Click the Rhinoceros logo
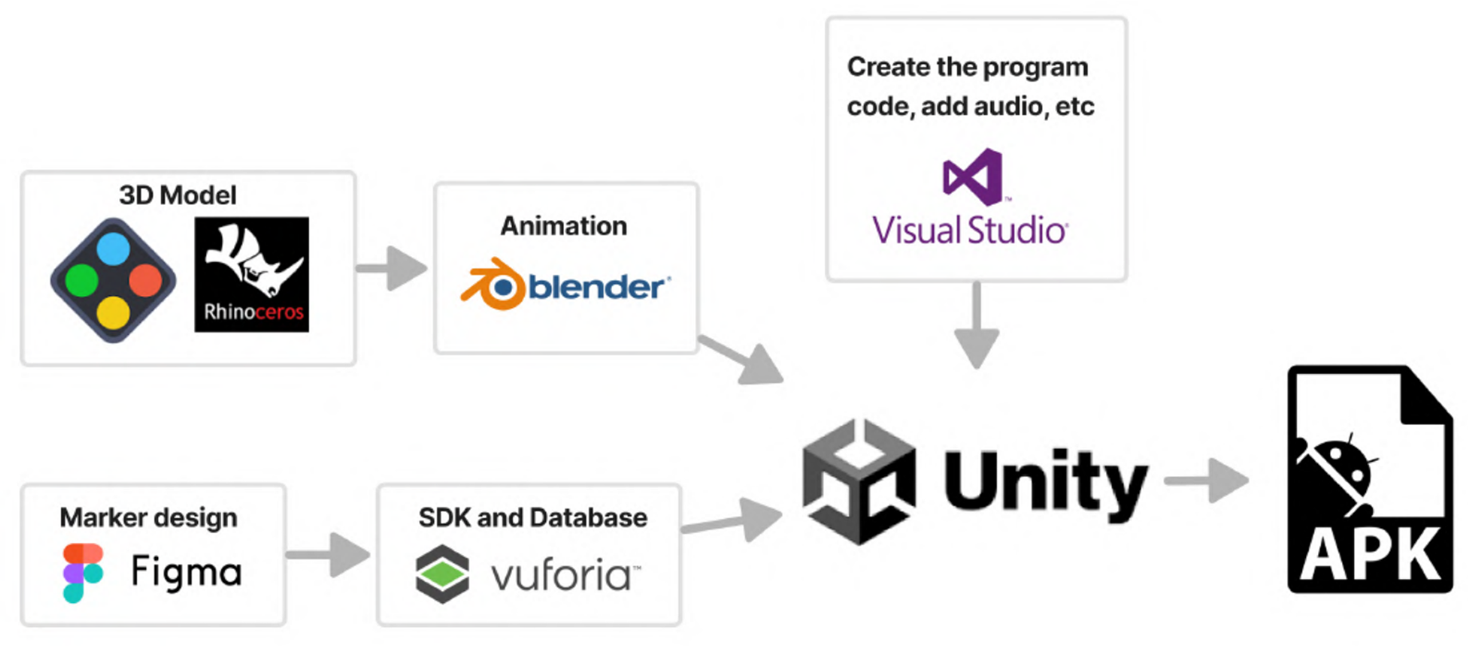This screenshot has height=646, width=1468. pyautogui.click(x=251, y=274)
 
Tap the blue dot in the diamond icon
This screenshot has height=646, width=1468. pyautogui.click(x=113, y=249)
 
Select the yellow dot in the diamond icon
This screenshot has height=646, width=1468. pyautogui.click(x=113, y=313)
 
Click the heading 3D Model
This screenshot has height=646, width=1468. pyautogui.click(x=178, y=195)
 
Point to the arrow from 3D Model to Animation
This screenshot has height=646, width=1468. pyautogui.click(x=392, y=268)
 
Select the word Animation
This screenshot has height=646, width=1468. pyautogui.click(x=563, y=226)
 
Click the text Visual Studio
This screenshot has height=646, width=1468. pyautogui.click(x=969, y=230)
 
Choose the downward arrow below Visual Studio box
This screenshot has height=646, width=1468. pyautogui.click(x=977, y=327)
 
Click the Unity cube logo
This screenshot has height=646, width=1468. pyautogui.click(x=858, y=482)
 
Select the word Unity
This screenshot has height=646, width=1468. pyautogui.click(x=1045, y=481)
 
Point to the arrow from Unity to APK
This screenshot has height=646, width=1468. pyautogui.click(x=1207, y=480)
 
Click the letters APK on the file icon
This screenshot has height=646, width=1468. pyautogui.click(x=1369, y=555)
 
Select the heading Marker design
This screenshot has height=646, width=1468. pyautogui.click(x=148, y=518)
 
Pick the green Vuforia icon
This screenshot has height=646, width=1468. pyautogui.click(x=442, y=573)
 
